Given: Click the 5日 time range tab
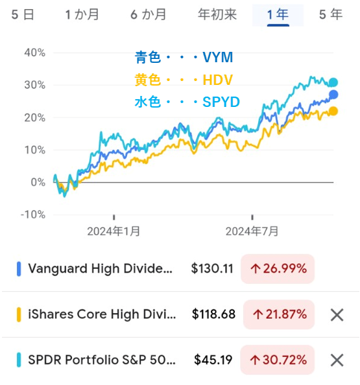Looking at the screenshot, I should [23, 14].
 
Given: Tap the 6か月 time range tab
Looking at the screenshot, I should [149, 14].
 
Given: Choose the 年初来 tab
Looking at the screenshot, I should [217, 14].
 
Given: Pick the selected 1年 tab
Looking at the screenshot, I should [278, 14].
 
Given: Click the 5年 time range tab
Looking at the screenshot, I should [331, 14].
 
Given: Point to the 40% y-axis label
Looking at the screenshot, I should [34, 52].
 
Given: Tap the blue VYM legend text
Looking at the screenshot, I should [184, 58].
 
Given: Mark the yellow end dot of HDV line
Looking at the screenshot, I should [333, 111].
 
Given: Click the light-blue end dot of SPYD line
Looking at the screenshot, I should [333, 82].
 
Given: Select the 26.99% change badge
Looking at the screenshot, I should [278, 268].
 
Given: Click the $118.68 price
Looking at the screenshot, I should [214, 314].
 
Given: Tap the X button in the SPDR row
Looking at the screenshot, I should [337, 360].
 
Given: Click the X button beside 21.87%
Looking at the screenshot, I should [337, 315].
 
